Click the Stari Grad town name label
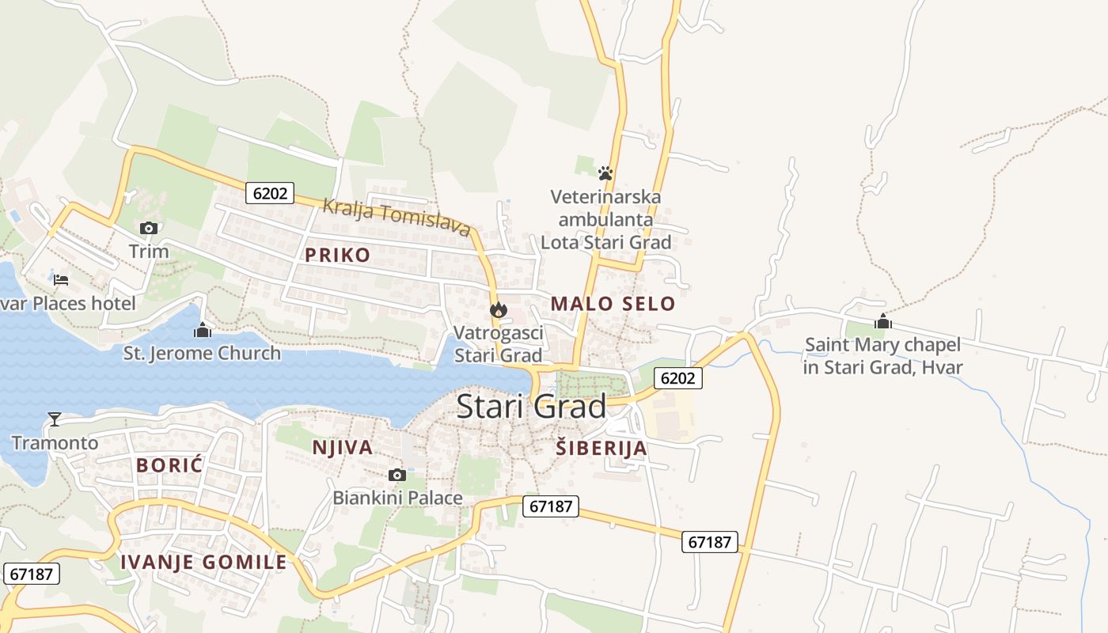click(532, 407)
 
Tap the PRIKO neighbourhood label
click(338, 255)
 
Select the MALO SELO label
click(613, 304)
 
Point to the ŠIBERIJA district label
click(601, 449)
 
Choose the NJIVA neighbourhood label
click(343, 448)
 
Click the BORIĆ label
click(169, 465)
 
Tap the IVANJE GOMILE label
click(203, 563)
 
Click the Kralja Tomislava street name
click(397, 217)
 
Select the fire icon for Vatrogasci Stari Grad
click(498, 310)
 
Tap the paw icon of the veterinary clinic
click(605, 172)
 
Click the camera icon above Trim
click(148, 229)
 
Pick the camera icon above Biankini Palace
click(397, 475)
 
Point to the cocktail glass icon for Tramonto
click(55, 419)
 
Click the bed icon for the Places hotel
click(61, 280)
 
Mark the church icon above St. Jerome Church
click(203, 330)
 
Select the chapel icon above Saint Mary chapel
click(883, 322)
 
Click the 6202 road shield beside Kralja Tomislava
click(270, 193)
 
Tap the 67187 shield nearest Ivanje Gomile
click(32, 574)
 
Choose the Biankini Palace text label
click(397, 498)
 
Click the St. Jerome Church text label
click(203, 353)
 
